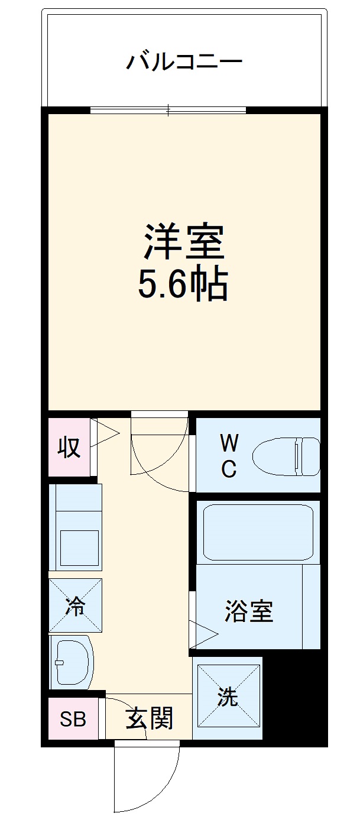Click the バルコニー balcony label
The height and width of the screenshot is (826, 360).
point(184,61)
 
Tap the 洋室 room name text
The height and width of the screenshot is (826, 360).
point(183,242)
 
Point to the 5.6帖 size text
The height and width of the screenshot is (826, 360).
point(183,286)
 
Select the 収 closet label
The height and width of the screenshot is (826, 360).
point(69,448)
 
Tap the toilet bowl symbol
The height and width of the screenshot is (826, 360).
point(286,456)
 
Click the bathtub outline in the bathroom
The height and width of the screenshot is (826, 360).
point(258,532)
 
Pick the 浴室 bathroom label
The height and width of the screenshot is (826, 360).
point(249,611)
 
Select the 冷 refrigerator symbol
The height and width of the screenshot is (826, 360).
point(75,605)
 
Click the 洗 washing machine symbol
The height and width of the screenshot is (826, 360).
point(228,698)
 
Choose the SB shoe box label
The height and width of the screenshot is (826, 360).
point(73,719)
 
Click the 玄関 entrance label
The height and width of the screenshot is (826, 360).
point(149,719)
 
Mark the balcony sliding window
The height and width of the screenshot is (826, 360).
point(168,109)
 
